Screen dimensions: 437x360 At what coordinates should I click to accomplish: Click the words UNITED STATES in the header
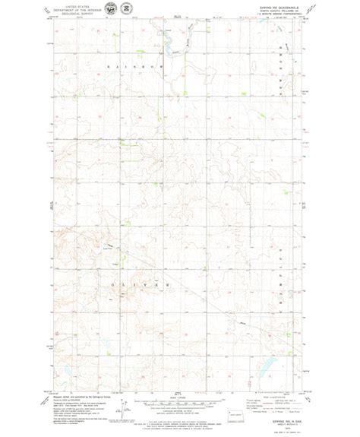[75, 5]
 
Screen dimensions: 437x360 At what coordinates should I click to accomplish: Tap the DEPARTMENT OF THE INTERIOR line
[75, 8]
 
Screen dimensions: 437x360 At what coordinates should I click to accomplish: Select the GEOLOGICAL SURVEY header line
[75, 12]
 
